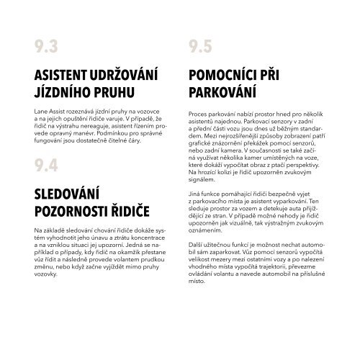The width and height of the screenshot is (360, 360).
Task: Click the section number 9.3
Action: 45,48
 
